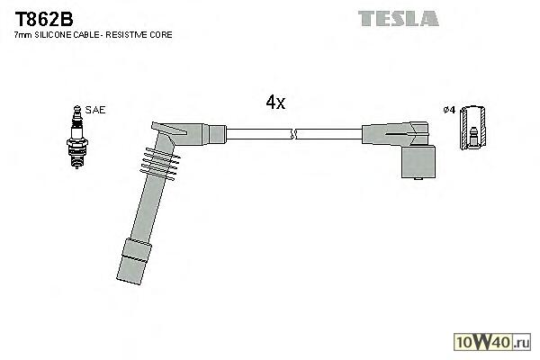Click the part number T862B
tap(40, 18)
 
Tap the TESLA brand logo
tap(398, 17)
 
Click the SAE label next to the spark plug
tap(94, 110)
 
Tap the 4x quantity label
tap(275, 103)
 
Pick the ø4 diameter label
tap(449, 110)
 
